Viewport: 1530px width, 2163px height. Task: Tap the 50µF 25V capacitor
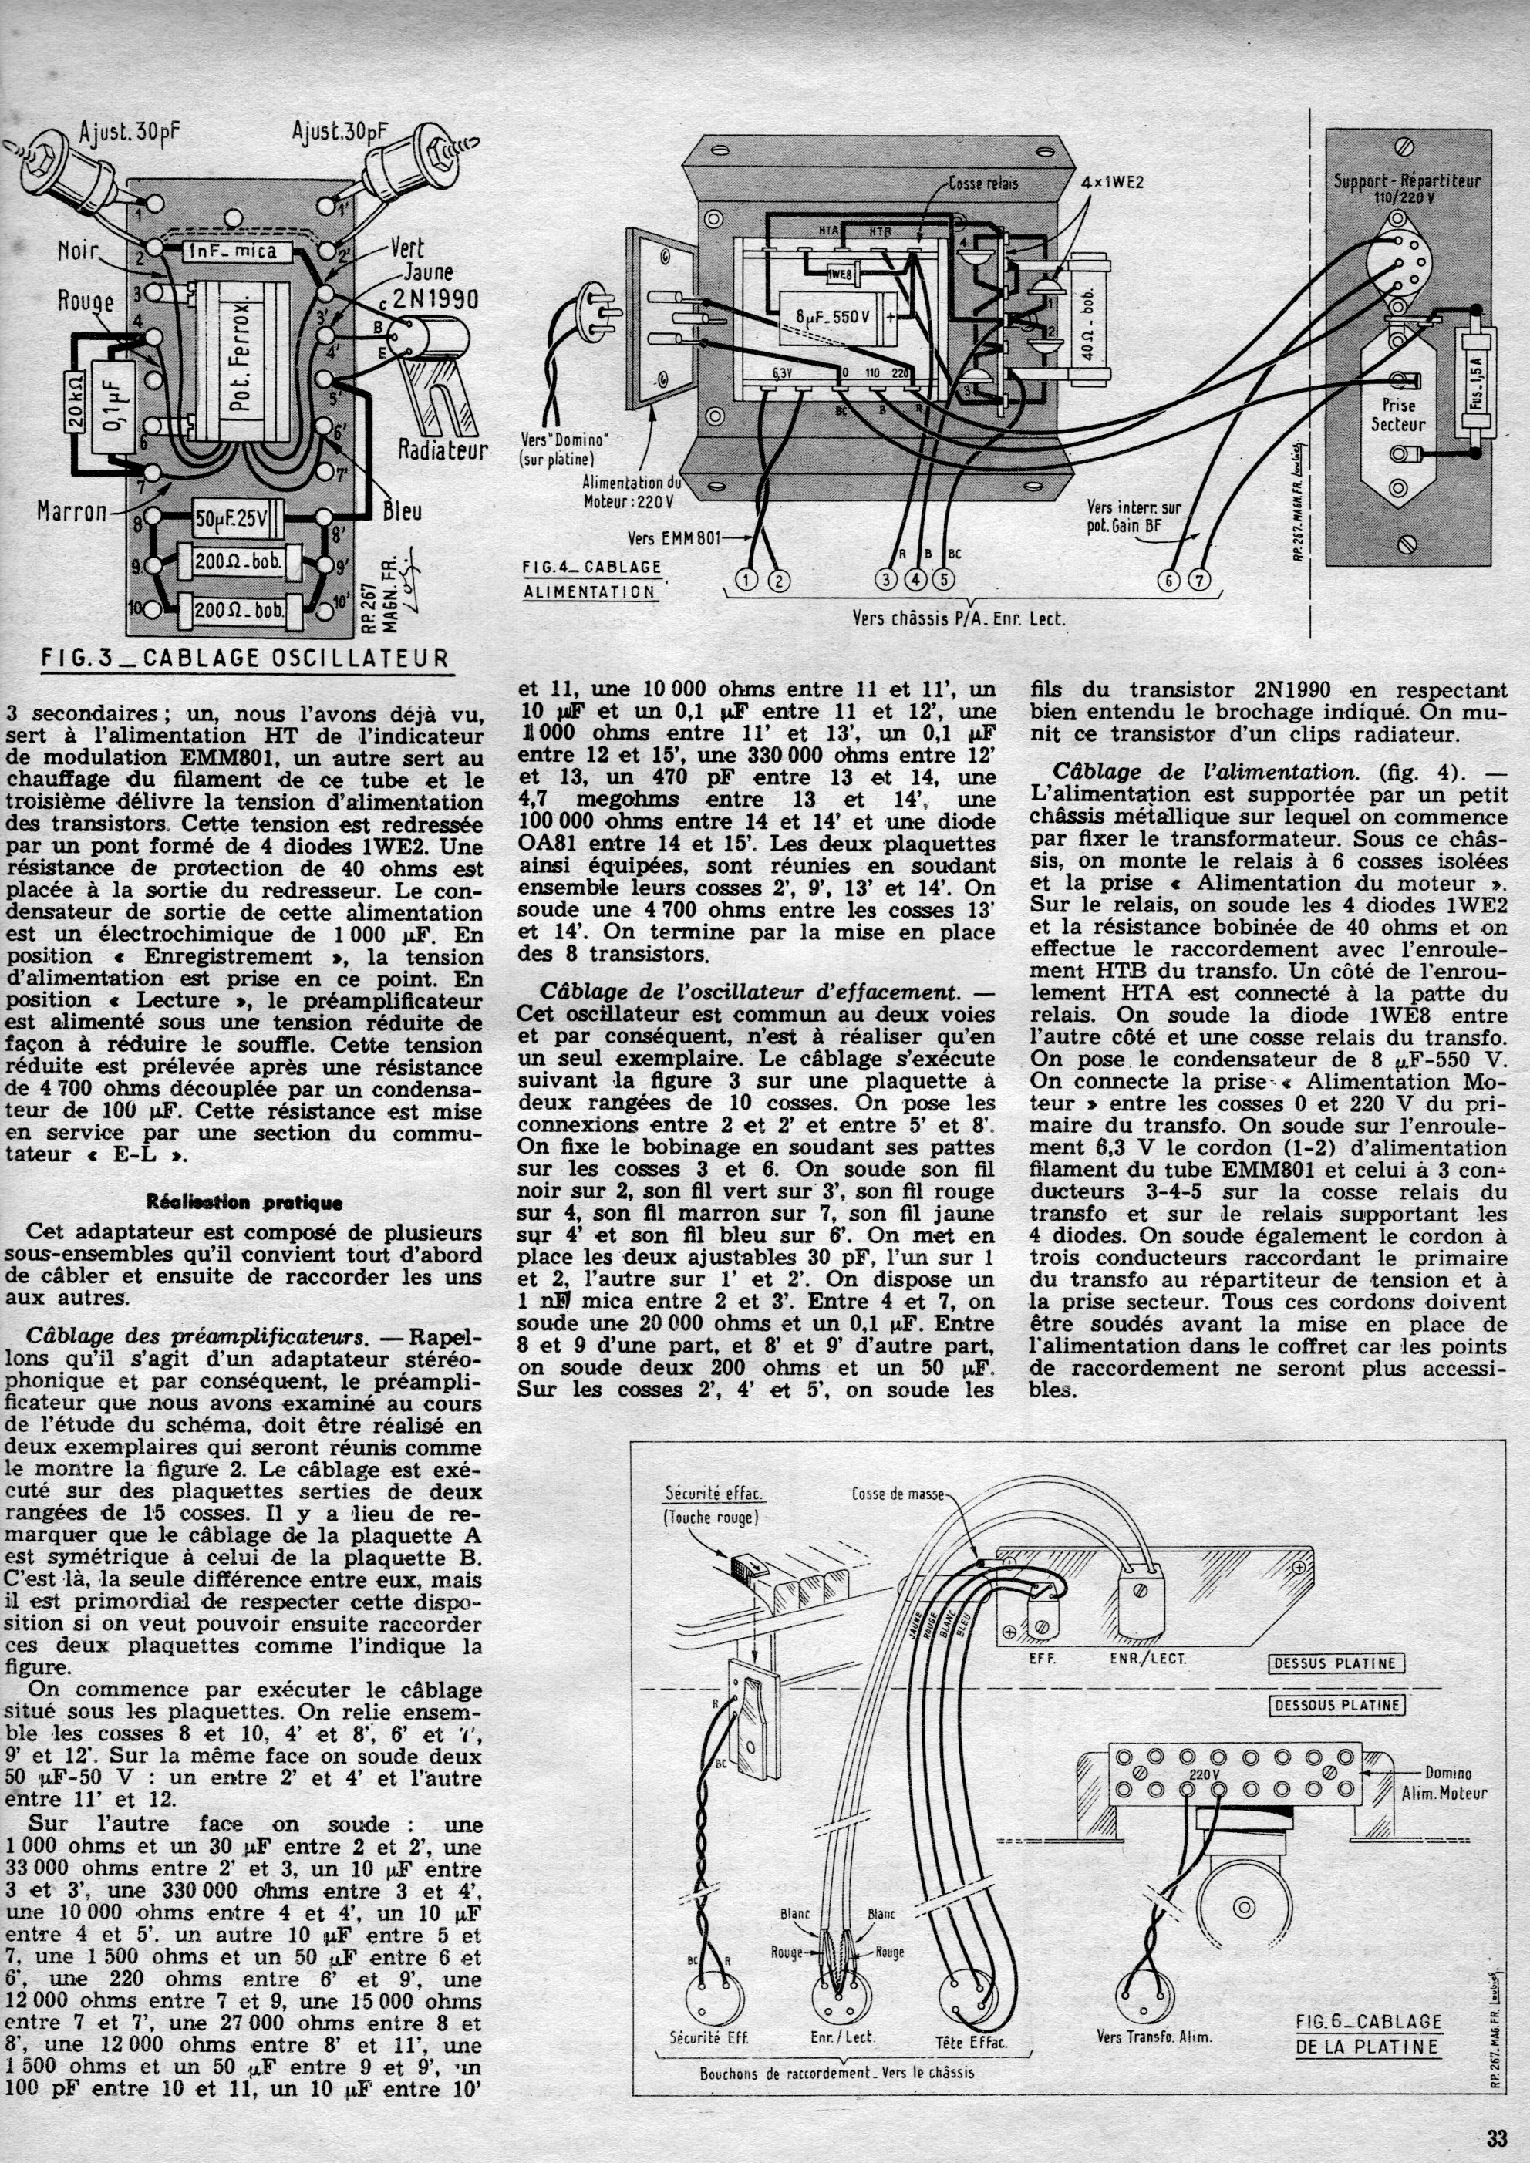230,518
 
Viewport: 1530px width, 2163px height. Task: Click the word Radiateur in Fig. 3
443,450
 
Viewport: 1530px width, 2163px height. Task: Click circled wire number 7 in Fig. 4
1198,581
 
